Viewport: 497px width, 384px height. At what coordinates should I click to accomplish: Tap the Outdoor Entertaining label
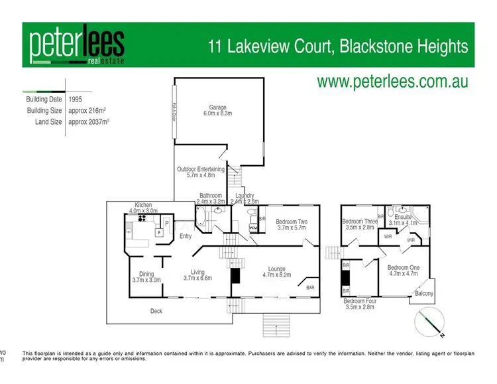(x=201, y=172)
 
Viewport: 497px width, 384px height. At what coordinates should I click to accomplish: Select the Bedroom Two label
(x=292, y=225)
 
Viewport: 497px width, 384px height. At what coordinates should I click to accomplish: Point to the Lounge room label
(x=276, y=271)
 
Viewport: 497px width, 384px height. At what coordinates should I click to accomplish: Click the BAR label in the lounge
(x=310, y=287)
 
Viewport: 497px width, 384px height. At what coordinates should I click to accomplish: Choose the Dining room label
(x=146, y=277)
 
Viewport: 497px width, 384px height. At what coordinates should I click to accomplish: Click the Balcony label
(x=423, y=293)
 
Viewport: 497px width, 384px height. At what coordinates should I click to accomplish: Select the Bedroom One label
(x=402, y=271)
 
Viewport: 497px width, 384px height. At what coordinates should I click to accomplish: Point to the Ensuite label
(x=403, y=220)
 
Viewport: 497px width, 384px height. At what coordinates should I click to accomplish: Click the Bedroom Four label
(x=360, y=304)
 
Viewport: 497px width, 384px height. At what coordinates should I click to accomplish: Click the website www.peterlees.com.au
(x=393, y=82)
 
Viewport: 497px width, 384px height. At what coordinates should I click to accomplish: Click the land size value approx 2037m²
(x=89, y=122)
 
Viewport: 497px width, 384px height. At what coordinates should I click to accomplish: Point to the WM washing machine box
(x=253, y=227)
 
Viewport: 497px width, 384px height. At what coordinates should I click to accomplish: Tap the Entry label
(x=186, y=236)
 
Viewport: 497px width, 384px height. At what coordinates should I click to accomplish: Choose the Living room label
(x=197, y=275)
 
